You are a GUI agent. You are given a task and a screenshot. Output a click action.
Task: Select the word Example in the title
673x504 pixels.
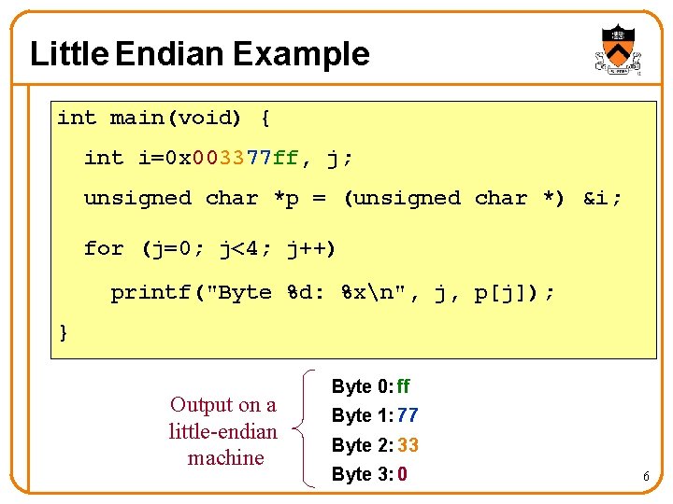[x=301, y=54]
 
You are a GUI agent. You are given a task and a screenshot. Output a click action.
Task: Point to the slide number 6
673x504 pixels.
[x=645, y=478]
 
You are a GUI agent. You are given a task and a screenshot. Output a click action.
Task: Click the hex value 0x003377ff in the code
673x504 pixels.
[x=231, y=158]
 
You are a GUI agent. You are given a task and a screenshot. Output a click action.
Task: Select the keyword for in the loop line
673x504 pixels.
[x=104, y=248]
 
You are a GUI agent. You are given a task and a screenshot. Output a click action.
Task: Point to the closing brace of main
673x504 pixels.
[x=64, y=332]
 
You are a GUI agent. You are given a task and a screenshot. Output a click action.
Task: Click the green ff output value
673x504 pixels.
[x=403, y=386]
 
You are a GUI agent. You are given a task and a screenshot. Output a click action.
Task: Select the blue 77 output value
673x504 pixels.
[x=408, y=415]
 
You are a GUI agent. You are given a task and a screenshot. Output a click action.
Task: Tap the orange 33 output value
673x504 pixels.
[x=408, y=445]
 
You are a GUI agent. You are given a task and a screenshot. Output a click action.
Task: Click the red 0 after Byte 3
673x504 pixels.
[x=402, y=474]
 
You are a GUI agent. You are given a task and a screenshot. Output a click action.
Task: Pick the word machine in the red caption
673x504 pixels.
[x=225, y=458]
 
